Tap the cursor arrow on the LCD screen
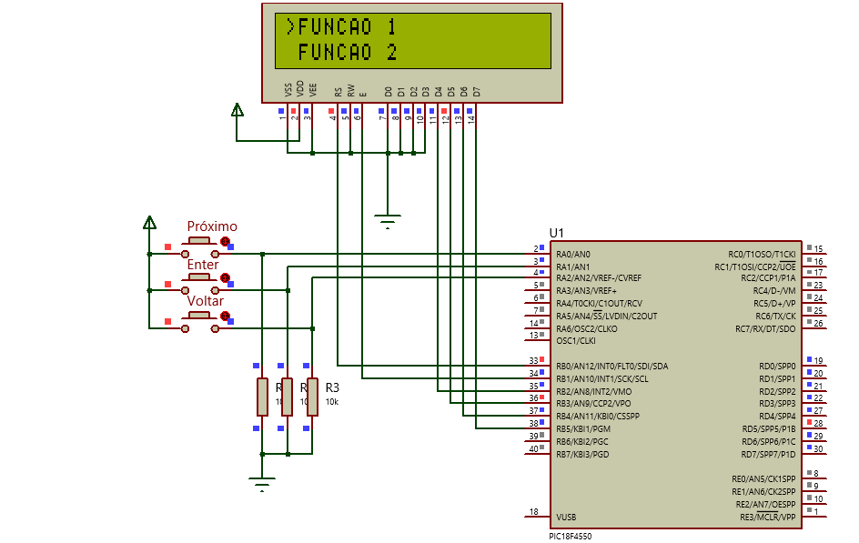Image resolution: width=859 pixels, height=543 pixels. [x=290, y=26]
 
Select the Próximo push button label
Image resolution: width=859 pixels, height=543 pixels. [x=212, y=226]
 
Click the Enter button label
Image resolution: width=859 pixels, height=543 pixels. [x=203, y=265]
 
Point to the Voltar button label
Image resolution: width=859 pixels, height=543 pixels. [x=206, y=301]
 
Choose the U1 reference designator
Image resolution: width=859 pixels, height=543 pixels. [x=557, y=234]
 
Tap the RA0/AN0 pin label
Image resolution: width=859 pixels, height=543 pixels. [x=573, y=254]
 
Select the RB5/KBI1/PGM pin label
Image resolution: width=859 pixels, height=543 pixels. [x=582, y=428]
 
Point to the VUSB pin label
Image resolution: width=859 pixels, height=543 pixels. [x=565, y=518]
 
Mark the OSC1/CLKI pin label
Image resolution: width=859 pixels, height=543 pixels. [x=576, y=341]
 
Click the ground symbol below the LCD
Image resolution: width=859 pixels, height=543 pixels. [x=388, y=220]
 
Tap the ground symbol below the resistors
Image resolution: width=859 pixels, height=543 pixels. [x=262, y=482]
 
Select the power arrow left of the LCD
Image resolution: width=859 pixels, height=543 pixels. [x=237, y=110]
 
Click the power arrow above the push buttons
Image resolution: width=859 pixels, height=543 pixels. [x=149, y=222]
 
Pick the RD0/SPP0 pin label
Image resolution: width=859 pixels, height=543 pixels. [x=777, y=367]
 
